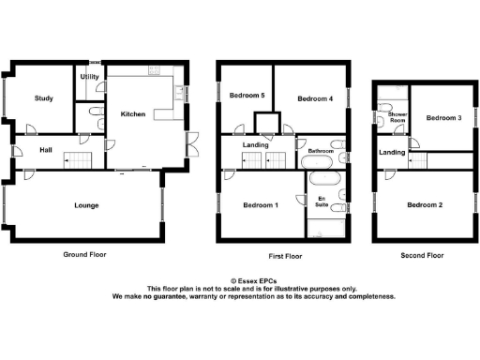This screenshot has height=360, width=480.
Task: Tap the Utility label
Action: click(x=91, y=77)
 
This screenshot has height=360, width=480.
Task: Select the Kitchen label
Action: click(x=132, y=113)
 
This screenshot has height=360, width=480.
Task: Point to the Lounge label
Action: click(x=86, y=205)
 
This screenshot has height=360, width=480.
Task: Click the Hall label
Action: click(x=45, y=149)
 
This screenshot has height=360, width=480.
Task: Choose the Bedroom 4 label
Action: click(x=316, y=98)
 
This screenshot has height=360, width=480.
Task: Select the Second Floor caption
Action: click(x=421, y=254)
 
